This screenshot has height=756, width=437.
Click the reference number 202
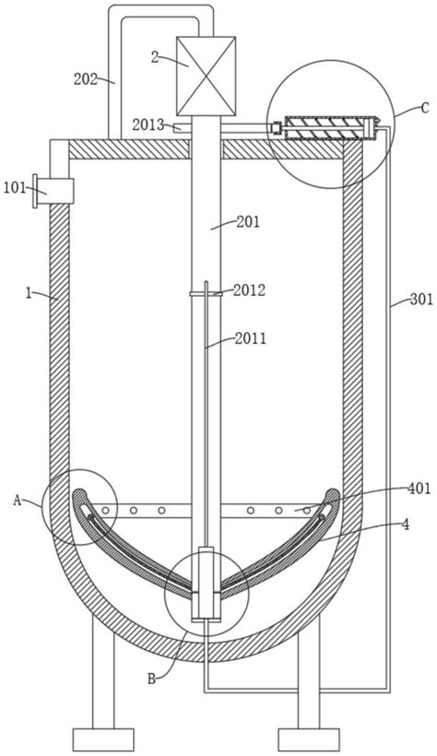pyautogui.click(x=86, y=79)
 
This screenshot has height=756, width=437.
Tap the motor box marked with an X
pyautogui.click(x=206, y=77)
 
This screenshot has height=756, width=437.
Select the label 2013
pyautogui.click(x=148, y=124)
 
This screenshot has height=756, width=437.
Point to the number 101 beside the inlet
pyautogui.click(x=15, y=187)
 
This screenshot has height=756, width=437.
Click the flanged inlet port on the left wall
pyautogui.click(x=53, y=191)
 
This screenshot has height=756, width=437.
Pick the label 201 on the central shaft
pyautogui.click(x=248, y=222)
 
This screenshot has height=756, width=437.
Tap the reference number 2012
pyautogui.click(x=250, y=289)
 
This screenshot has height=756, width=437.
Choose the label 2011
pyautogui.click(x=251, y=338)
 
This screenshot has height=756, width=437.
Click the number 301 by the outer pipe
pyautogui.click(x=421, y=300)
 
